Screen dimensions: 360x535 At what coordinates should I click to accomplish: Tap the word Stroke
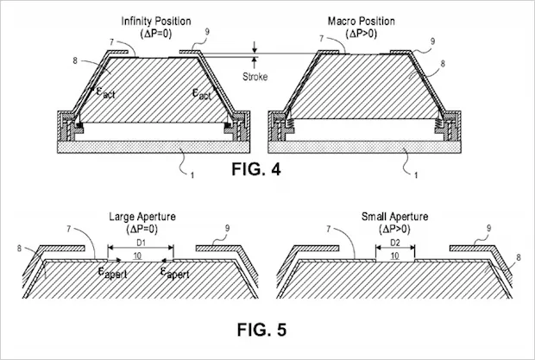coord(257,76)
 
